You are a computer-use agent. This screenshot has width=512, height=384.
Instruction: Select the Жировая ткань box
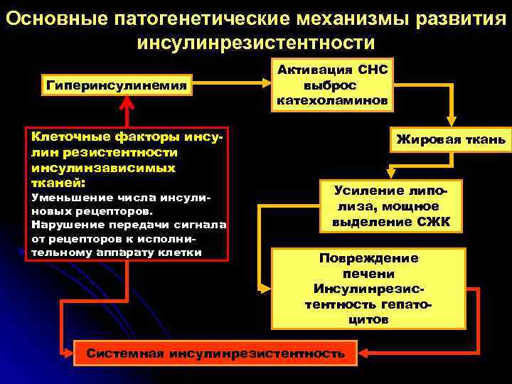click(450, 140)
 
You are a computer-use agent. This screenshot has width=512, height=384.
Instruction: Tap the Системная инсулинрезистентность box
click(215, 352)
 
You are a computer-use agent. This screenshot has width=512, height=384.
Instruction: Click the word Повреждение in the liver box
click(368, 258)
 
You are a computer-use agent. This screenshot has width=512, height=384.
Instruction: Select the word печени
click(368, 274)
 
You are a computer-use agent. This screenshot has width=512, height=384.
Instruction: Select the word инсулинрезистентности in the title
click(255, 43)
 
